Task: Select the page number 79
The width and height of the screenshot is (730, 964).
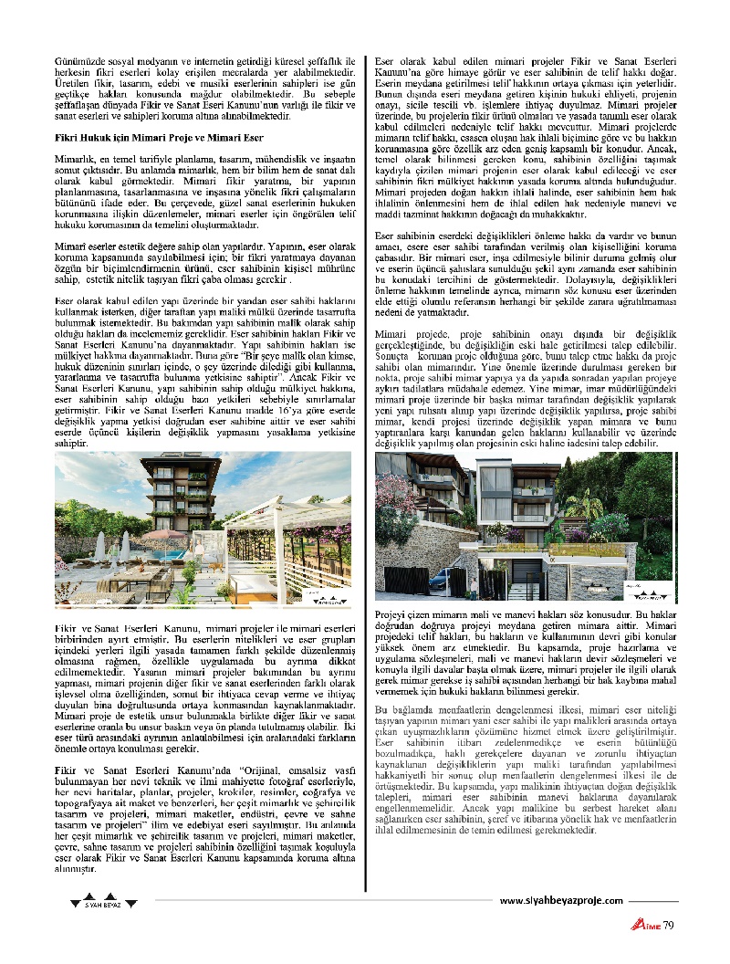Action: (668, 926)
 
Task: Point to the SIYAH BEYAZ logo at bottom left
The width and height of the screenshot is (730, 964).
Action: (103, 904)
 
